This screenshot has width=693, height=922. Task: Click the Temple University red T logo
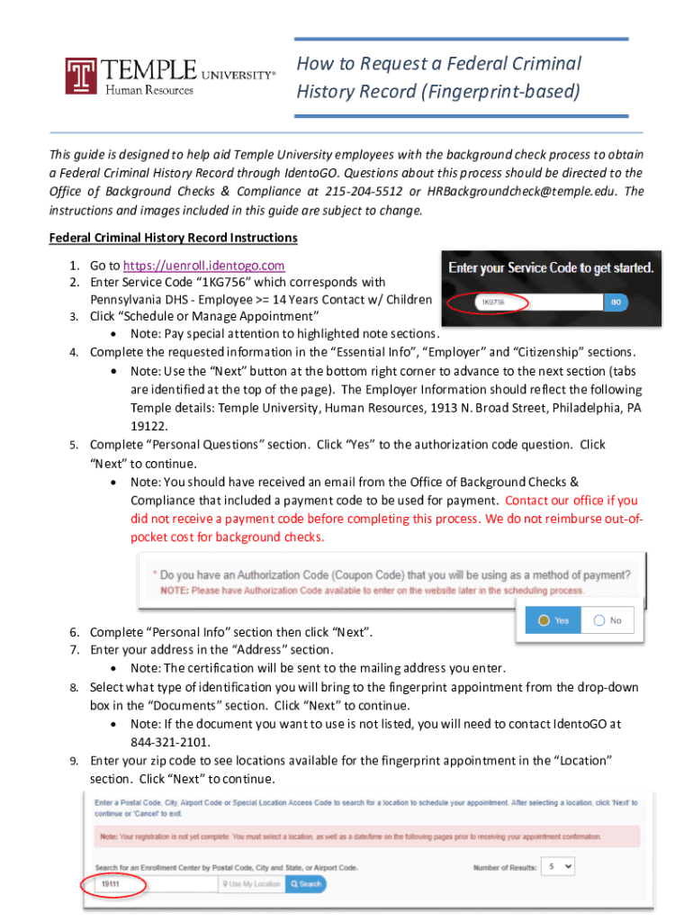[81, 76]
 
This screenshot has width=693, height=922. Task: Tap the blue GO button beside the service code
[616, 303]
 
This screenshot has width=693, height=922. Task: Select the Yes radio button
[553, 620]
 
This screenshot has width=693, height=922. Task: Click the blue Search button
[305, 884]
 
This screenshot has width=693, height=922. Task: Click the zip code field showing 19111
[153, 884]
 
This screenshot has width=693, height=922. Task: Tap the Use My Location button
[251, 884]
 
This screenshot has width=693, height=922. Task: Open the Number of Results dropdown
[559, 866]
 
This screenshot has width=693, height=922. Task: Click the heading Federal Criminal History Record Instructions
[173, 238]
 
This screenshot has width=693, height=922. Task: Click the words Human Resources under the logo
[149, 90]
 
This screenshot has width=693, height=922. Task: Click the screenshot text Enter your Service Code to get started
[551, 267]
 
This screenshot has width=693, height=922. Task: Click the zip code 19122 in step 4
[148, 426]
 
